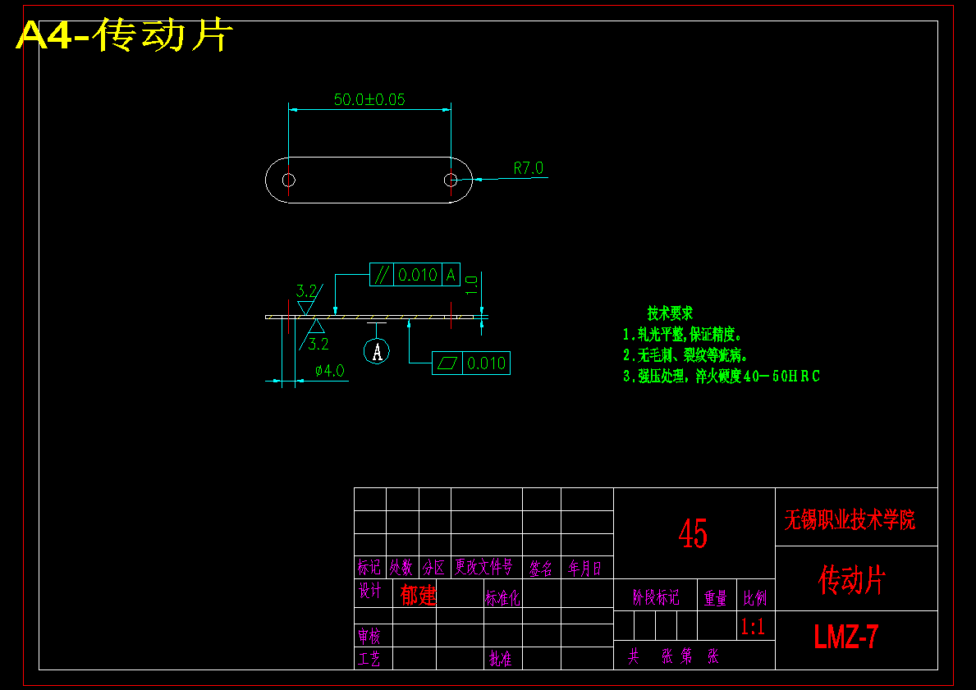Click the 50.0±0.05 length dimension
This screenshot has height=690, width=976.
[x=369, y=100]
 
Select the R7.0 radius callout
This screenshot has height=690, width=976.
[x=529, y=168]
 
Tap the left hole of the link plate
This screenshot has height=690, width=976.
[x=288, y=180]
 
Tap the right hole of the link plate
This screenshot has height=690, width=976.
[x=451, y=180]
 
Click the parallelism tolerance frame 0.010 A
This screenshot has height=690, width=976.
[x=415, y=275]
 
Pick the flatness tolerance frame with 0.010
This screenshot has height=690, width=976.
[x=471, y=363]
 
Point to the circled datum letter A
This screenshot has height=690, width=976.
[x=377, y=352]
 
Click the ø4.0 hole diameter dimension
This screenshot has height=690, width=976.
[x=329, y=371]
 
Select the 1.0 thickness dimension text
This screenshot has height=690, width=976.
[x=472, y=286]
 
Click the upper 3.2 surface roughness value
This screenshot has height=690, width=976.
[x=306, y=290]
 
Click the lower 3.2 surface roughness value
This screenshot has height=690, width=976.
[x=318, y=344]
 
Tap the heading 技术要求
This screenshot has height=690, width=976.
[x=670, y=313]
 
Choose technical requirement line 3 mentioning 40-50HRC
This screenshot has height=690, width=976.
[x=722, y=377]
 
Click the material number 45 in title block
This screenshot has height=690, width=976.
[x=693, y=534]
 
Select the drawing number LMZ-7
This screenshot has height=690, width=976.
[x=846, y=637]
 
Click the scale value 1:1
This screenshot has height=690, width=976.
[x=753, y=628]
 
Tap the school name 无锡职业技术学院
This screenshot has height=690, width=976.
[x=850, y=519]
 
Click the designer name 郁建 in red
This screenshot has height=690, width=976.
[x=419, y=594]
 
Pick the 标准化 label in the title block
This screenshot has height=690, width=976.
[x=502, y=598]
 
